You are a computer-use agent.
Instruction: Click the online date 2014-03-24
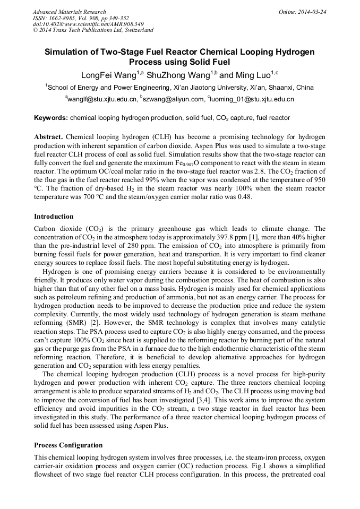[x=312, y=12]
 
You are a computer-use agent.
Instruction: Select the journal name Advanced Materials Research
[x=69, y=12]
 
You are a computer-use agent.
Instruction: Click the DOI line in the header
[x=88, y=24]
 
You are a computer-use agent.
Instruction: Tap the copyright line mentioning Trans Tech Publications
[x=93, y=30]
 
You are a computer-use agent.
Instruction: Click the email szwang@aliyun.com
[x=173, y=99]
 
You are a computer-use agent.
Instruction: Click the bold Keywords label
[x=50, y=117]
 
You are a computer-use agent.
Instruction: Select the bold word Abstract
[x=48, y=136]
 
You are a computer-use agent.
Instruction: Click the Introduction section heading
[x=54, y=217]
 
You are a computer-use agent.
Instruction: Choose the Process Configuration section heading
[x=68, y=445]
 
